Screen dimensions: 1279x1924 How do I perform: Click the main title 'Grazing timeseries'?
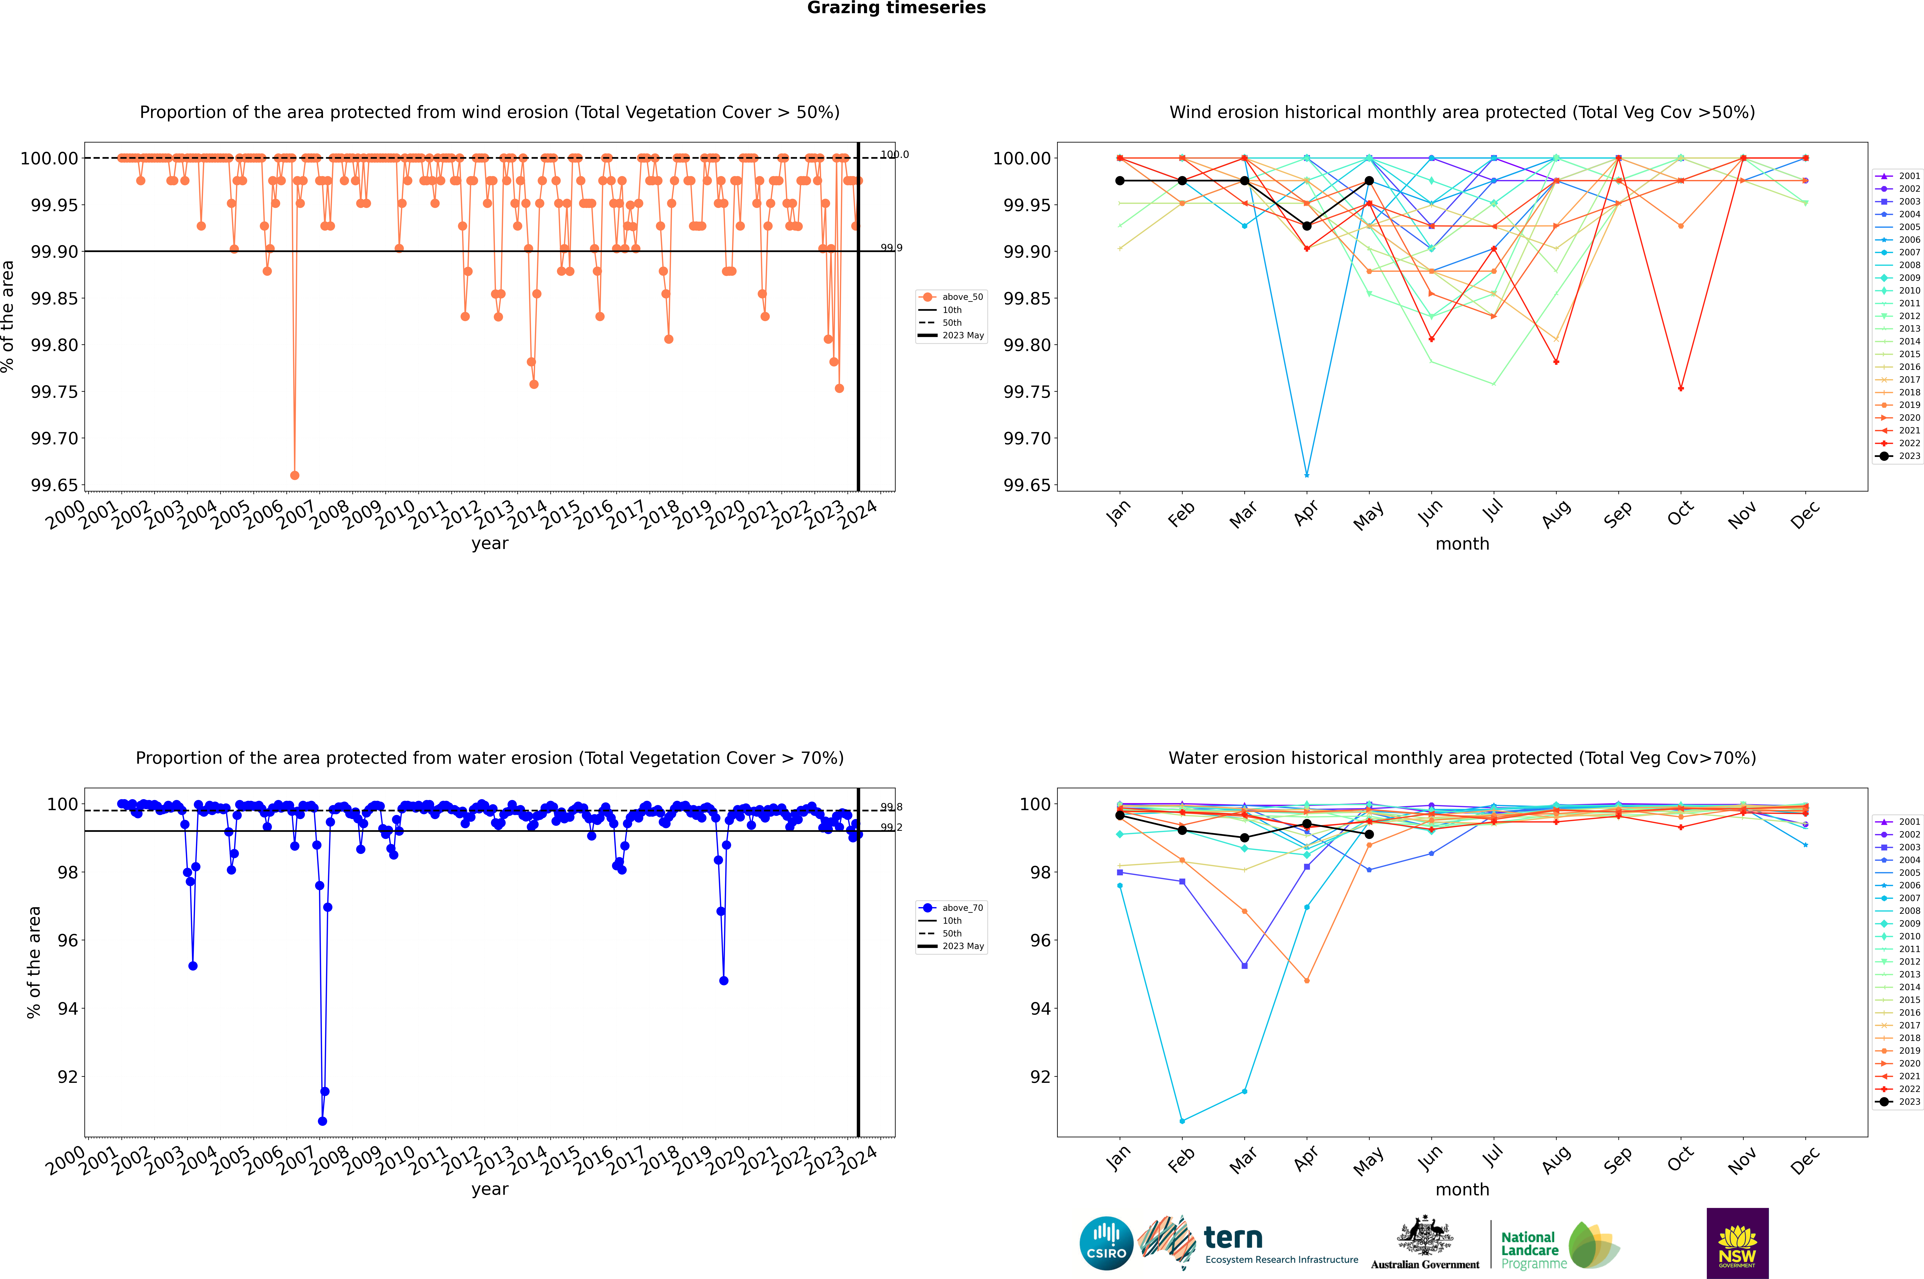896,8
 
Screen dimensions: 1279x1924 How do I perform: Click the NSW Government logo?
1737,1243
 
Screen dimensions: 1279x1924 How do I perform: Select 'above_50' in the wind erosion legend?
962,297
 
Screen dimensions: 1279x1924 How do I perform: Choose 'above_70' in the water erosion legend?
962,908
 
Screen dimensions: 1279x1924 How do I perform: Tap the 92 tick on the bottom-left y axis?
67,1077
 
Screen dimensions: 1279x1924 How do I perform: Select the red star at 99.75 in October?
1681,388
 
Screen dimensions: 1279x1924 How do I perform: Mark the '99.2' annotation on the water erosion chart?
891,827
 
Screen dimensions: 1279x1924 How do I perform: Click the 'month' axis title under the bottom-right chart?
1462,1189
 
